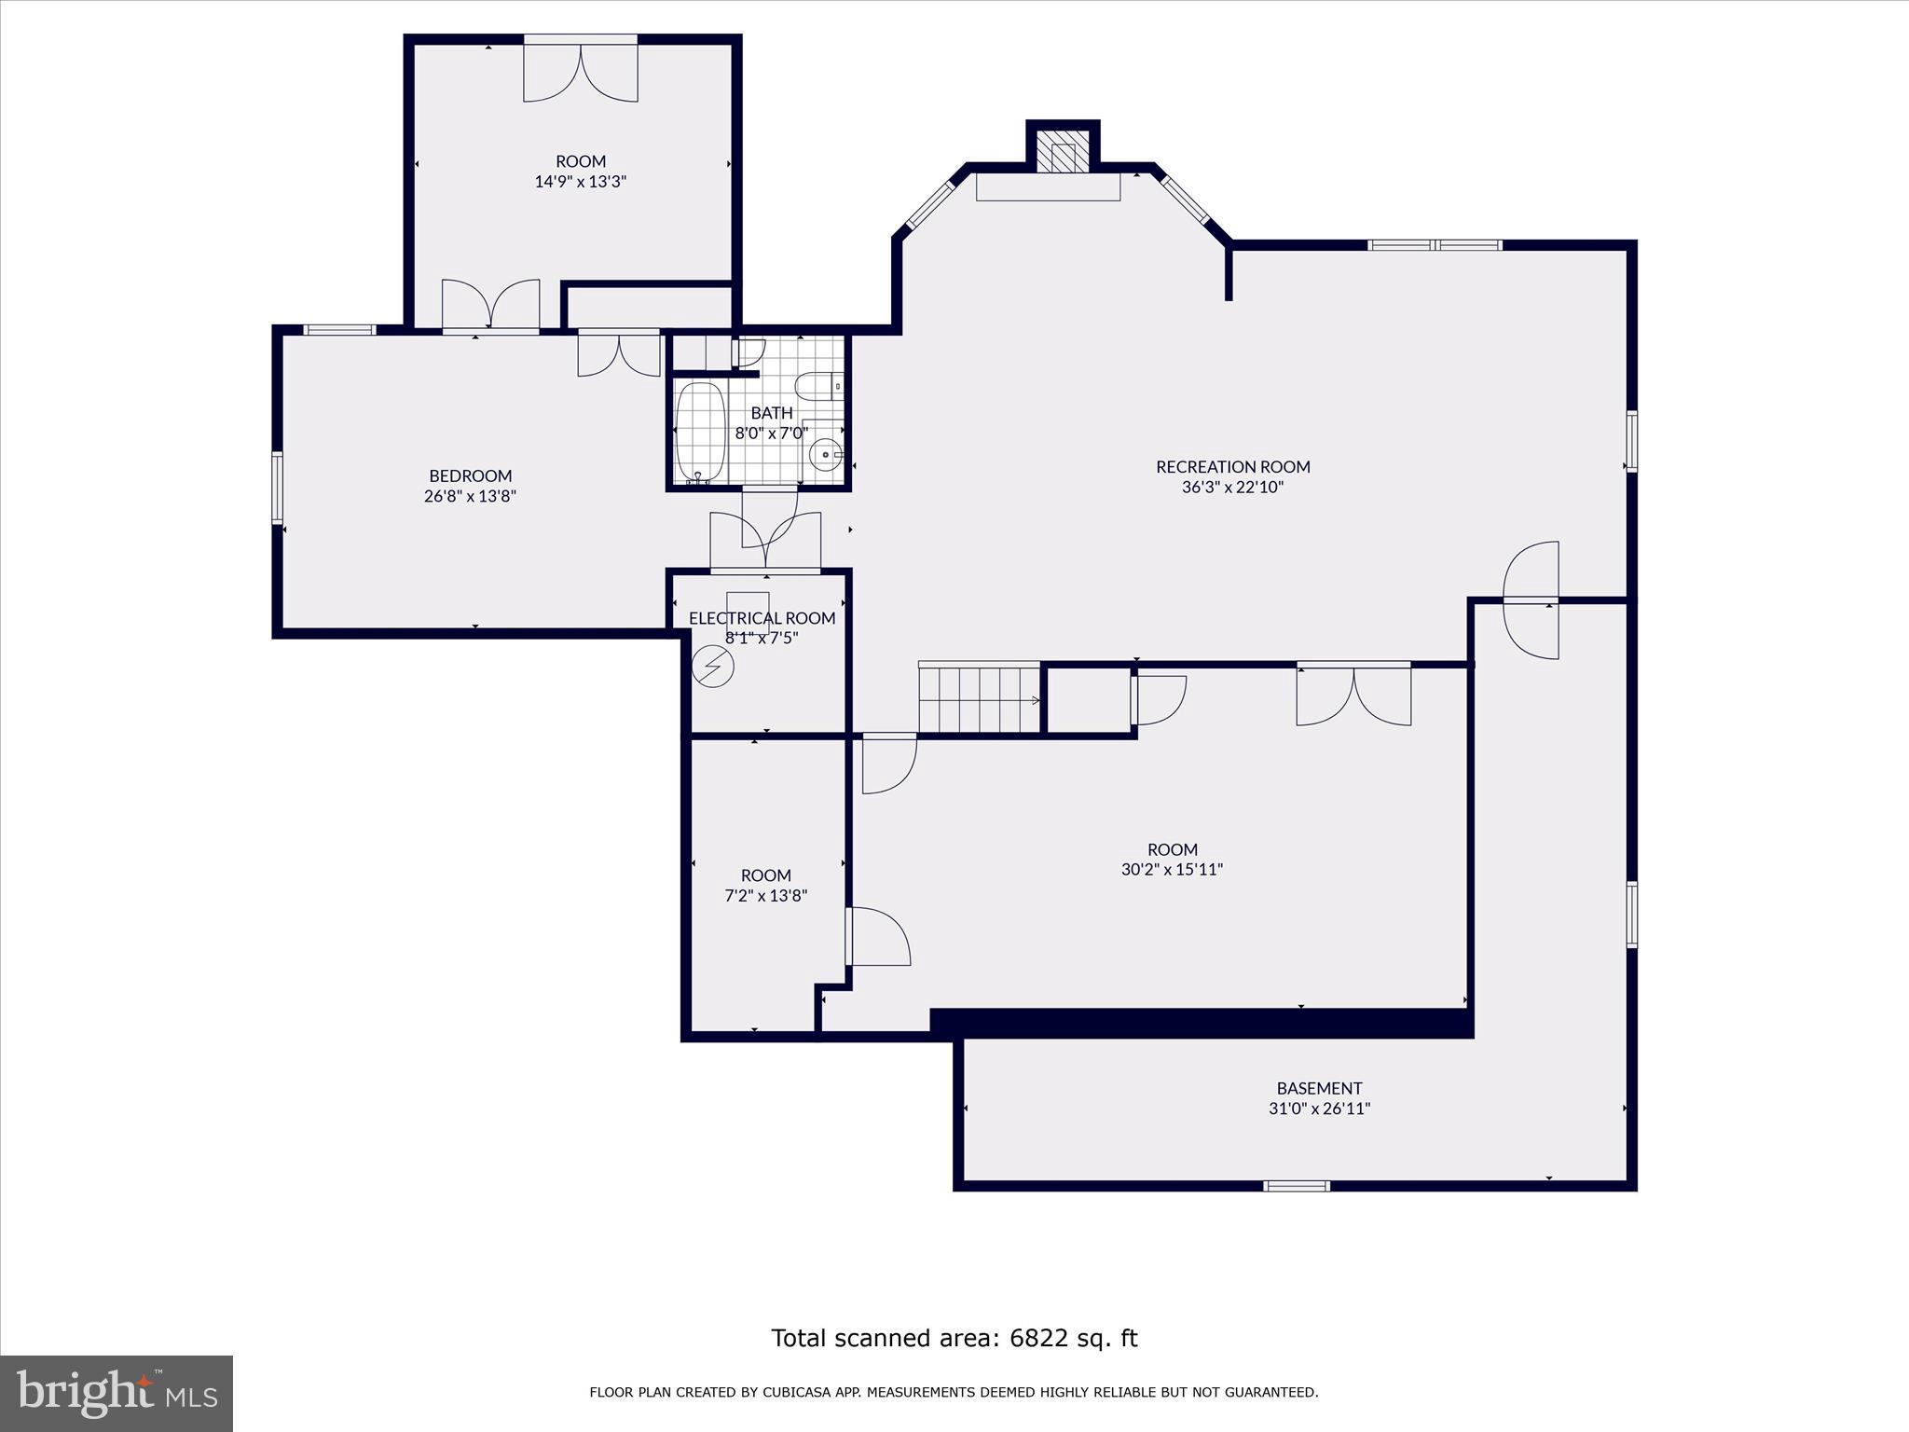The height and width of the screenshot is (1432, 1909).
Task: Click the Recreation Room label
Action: pos(1232,467)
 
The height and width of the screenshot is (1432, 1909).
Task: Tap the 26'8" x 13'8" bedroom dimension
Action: pos(470,496)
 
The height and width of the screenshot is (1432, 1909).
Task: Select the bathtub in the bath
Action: pos(700,432)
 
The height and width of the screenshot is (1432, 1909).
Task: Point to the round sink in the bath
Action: pos(826,455)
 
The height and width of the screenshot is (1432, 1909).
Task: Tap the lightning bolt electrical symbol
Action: pos(713,667)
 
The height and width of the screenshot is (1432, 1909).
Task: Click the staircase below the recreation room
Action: pos(979,699)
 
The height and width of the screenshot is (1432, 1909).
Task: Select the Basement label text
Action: pos(1319,1088)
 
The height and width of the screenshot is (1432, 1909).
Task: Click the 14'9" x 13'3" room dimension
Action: pos(580,182)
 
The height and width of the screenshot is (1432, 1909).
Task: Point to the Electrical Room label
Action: pos(762,618)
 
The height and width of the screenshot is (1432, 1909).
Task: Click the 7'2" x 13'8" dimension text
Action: pos(765,896)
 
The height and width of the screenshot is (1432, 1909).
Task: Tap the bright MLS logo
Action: pos(117,1393)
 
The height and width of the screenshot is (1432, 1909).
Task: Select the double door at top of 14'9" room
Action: pos(580,71)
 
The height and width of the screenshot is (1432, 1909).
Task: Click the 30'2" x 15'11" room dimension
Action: pos(1172,870)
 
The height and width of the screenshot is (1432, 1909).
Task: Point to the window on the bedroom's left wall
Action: pos(277,487)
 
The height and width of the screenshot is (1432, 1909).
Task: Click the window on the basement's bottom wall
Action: pos(1296,1186)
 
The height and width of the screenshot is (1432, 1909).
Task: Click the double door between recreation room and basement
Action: pos(1531,600)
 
